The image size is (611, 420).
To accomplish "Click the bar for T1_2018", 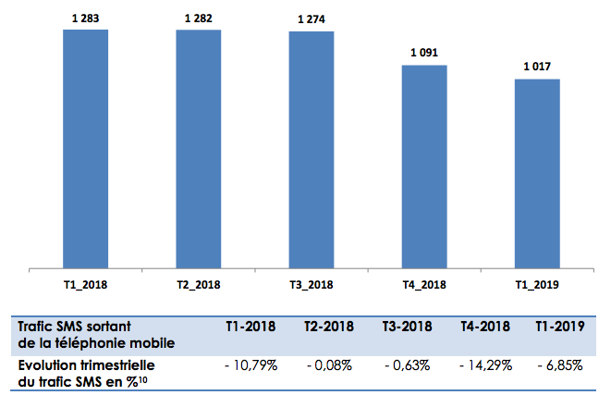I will coord(85,148).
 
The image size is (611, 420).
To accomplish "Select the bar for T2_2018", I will coord(199,148).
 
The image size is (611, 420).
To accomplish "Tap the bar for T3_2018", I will coord(312,149).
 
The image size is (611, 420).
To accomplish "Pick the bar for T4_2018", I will coord(424,167).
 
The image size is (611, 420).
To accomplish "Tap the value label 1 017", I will coord(537,68).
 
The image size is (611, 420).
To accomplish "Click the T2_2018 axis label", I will coord(199,285).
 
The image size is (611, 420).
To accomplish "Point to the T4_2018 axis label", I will coord(424,285).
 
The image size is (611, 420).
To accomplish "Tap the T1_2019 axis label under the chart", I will coord(537,285).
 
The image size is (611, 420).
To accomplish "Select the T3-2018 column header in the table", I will coord(408,327).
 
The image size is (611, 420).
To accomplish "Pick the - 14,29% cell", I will coord(484,365).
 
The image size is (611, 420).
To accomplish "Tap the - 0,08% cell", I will coord(330,365).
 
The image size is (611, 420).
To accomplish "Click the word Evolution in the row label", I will coord(47,365).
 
